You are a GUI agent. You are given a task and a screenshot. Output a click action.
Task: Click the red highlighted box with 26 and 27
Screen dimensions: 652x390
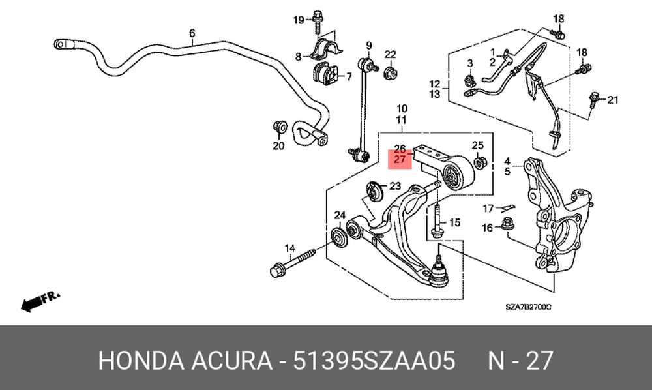(400, 159)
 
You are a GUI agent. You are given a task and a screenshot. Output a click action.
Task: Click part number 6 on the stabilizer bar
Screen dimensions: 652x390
(192, 33)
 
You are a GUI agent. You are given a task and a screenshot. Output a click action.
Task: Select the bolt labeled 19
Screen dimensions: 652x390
(318, 21)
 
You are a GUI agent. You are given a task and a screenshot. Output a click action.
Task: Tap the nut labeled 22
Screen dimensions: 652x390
(390, 73)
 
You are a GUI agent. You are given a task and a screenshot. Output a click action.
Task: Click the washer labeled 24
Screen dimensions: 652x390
(338, 237)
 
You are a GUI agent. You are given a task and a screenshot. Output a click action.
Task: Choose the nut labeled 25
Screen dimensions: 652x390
(478, 162)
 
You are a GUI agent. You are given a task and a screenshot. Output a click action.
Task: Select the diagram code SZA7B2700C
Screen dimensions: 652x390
(528, 307)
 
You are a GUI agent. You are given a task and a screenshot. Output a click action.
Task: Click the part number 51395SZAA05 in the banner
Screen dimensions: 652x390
(374, 360)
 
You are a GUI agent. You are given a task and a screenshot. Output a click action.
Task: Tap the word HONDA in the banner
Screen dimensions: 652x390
(141, 360)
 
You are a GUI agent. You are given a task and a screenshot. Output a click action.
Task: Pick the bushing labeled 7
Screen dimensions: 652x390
(326, 73)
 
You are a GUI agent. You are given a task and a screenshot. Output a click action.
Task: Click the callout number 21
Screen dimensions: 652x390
(612, 100)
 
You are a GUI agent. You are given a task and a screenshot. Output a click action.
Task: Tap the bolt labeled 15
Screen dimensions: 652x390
(436, 220)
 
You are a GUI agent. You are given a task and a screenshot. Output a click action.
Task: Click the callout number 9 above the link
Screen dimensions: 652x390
(369, 45)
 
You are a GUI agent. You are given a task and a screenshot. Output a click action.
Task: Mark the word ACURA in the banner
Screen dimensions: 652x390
(231, 360)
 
